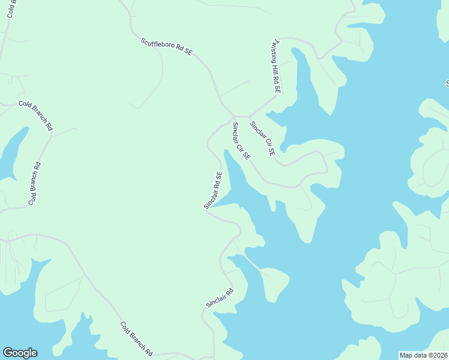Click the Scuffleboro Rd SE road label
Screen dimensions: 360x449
coord(166,47)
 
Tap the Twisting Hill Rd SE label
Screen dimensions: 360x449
coord(274,66)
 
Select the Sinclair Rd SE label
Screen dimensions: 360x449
coord(213,190)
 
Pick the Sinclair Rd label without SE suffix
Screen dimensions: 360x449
coord(219,296)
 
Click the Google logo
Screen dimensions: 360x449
coord(20,353)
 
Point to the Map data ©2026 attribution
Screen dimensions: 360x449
coord(423,355)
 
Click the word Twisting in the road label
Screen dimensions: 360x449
coord(272,52)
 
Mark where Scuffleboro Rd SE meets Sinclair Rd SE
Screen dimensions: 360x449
coord(233,115)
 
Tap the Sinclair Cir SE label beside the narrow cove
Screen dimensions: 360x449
coord(241,140)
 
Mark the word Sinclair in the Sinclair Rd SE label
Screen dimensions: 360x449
coord(210,196)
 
